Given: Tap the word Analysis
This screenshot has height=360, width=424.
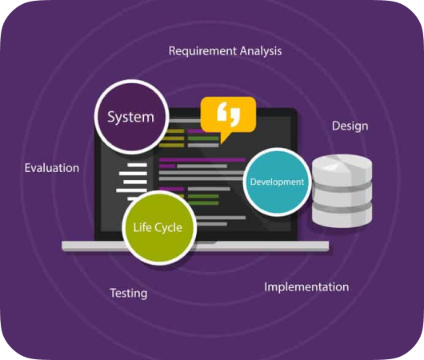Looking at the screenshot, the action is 261,51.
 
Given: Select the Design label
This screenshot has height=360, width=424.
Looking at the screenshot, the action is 350,126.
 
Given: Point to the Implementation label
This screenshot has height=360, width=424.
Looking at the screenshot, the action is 306,287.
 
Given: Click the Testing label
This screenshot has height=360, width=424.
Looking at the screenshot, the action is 129,294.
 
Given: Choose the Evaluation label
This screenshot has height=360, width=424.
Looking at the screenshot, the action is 52,168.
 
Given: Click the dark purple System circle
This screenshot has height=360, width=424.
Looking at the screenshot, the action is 132,117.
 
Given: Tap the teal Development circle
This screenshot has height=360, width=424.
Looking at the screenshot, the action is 277,182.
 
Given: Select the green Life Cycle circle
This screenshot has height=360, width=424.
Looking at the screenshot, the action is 159,228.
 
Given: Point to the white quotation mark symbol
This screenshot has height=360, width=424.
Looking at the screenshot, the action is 229,114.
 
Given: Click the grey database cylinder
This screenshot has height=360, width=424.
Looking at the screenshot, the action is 342,191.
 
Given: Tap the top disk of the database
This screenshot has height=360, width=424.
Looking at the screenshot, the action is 342,170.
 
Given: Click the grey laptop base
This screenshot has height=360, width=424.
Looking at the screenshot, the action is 195,246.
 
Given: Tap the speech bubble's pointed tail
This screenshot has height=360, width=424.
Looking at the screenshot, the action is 225,138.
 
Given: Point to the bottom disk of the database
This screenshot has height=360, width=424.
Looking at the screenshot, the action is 342,217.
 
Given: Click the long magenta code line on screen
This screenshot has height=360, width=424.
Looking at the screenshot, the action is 202,160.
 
